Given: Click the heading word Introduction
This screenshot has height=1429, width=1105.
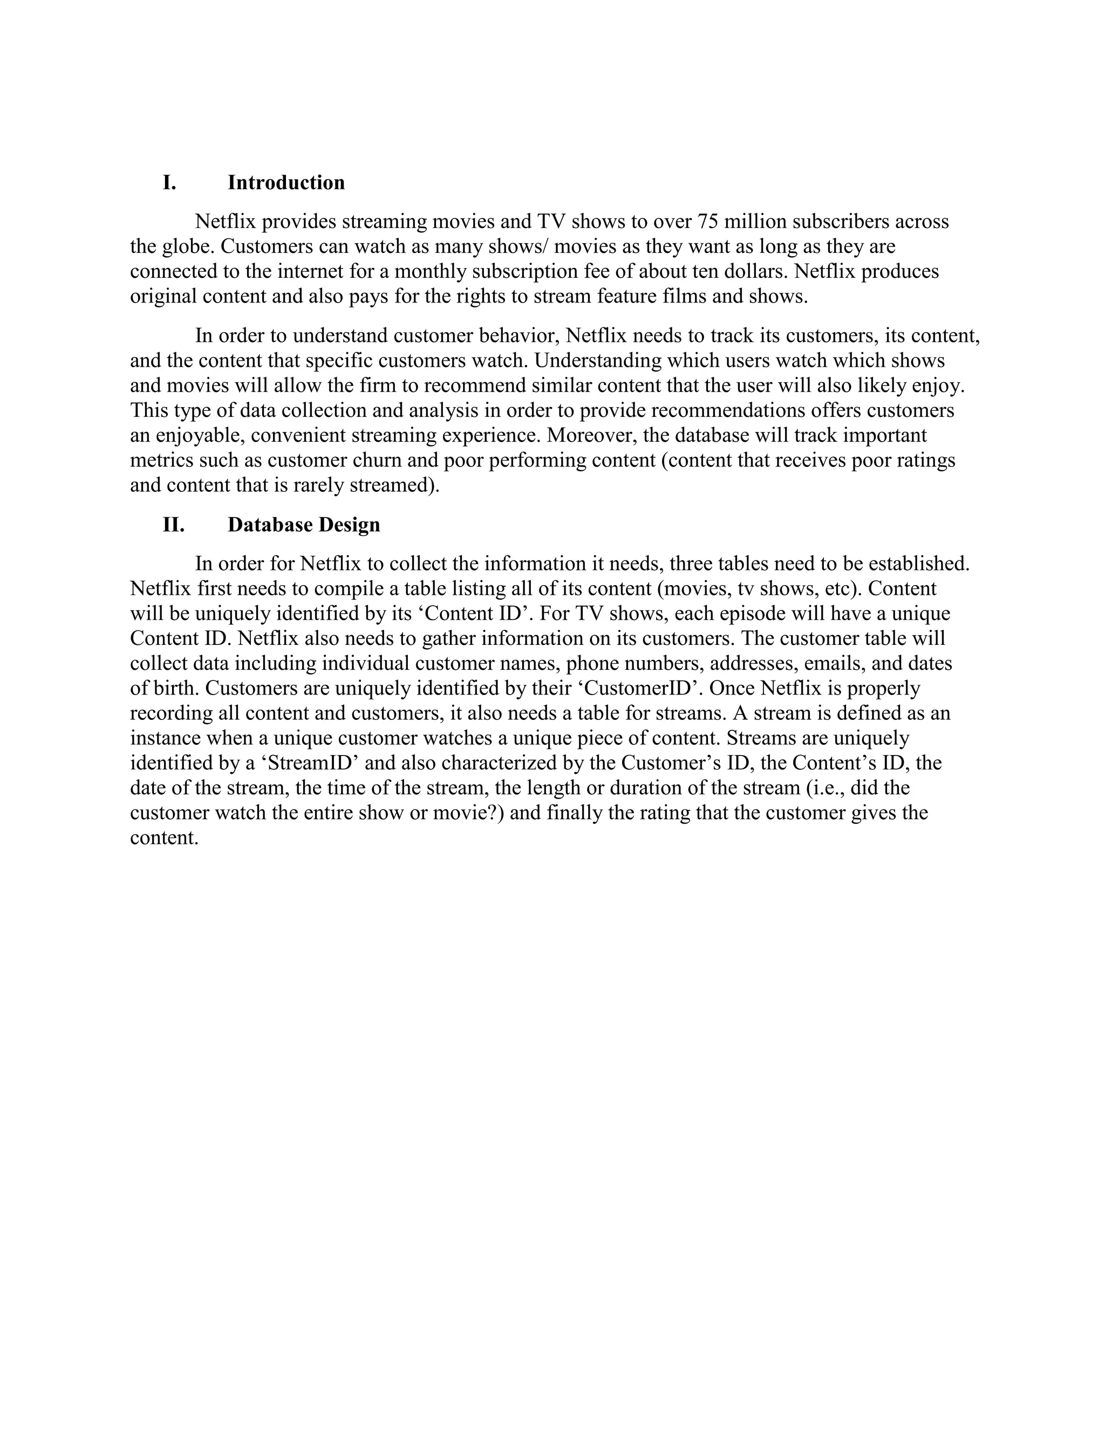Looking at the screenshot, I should point(286,183).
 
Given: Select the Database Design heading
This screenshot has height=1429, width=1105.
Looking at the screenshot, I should point(304,525).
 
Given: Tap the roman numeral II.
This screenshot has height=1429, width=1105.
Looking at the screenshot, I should point(174,525).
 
